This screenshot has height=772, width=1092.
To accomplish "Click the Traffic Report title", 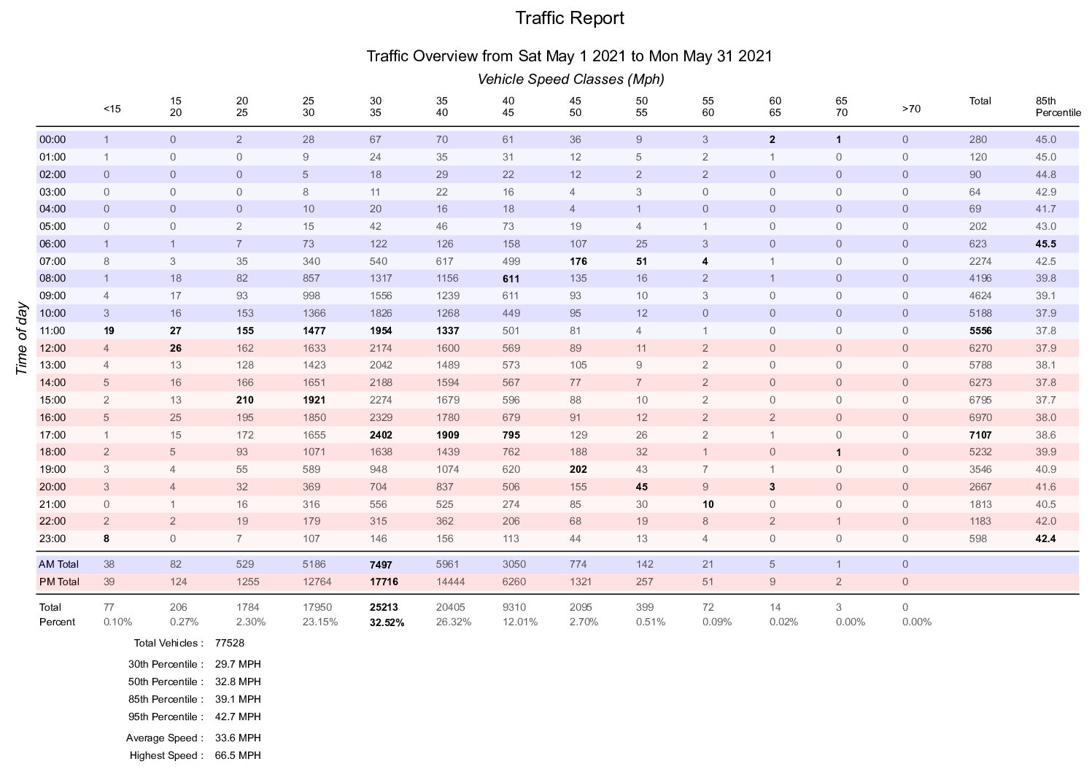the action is (570, 18).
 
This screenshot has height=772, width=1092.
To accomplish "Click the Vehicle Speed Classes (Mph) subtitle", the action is (570, 79).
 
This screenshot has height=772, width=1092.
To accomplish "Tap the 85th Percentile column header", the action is (1058, 107).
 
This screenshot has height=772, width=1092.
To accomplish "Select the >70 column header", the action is (911, 109).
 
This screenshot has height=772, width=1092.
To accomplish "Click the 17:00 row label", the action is (53, 435).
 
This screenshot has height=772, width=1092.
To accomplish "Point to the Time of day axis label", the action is (21, 339).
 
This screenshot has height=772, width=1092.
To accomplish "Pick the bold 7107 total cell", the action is (980, 435).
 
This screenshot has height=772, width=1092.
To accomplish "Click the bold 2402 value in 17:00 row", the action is (381, 435).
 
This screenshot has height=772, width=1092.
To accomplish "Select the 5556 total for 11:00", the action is (980, 331).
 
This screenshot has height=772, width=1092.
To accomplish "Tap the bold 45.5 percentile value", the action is (1046, 244).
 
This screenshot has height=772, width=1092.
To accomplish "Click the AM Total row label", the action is (58, 564).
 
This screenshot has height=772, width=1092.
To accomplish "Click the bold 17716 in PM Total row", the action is (384, 582).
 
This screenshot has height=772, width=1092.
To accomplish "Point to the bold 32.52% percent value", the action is (387, 622).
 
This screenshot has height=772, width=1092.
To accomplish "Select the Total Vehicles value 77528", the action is (229, 644).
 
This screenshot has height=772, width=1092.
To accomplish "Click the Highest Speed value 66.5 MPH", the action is (238, 755).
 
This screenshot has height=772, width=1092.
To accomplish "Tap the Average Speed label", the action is (164, 738).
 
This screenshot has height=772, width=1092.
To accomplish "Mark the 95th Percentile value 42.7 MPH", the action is (238, 717).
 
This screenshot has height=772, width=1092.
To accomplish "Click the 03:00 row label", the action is (53, 192).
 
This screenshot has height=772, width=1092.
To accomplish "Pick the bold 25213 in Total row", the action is (384, 607).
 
